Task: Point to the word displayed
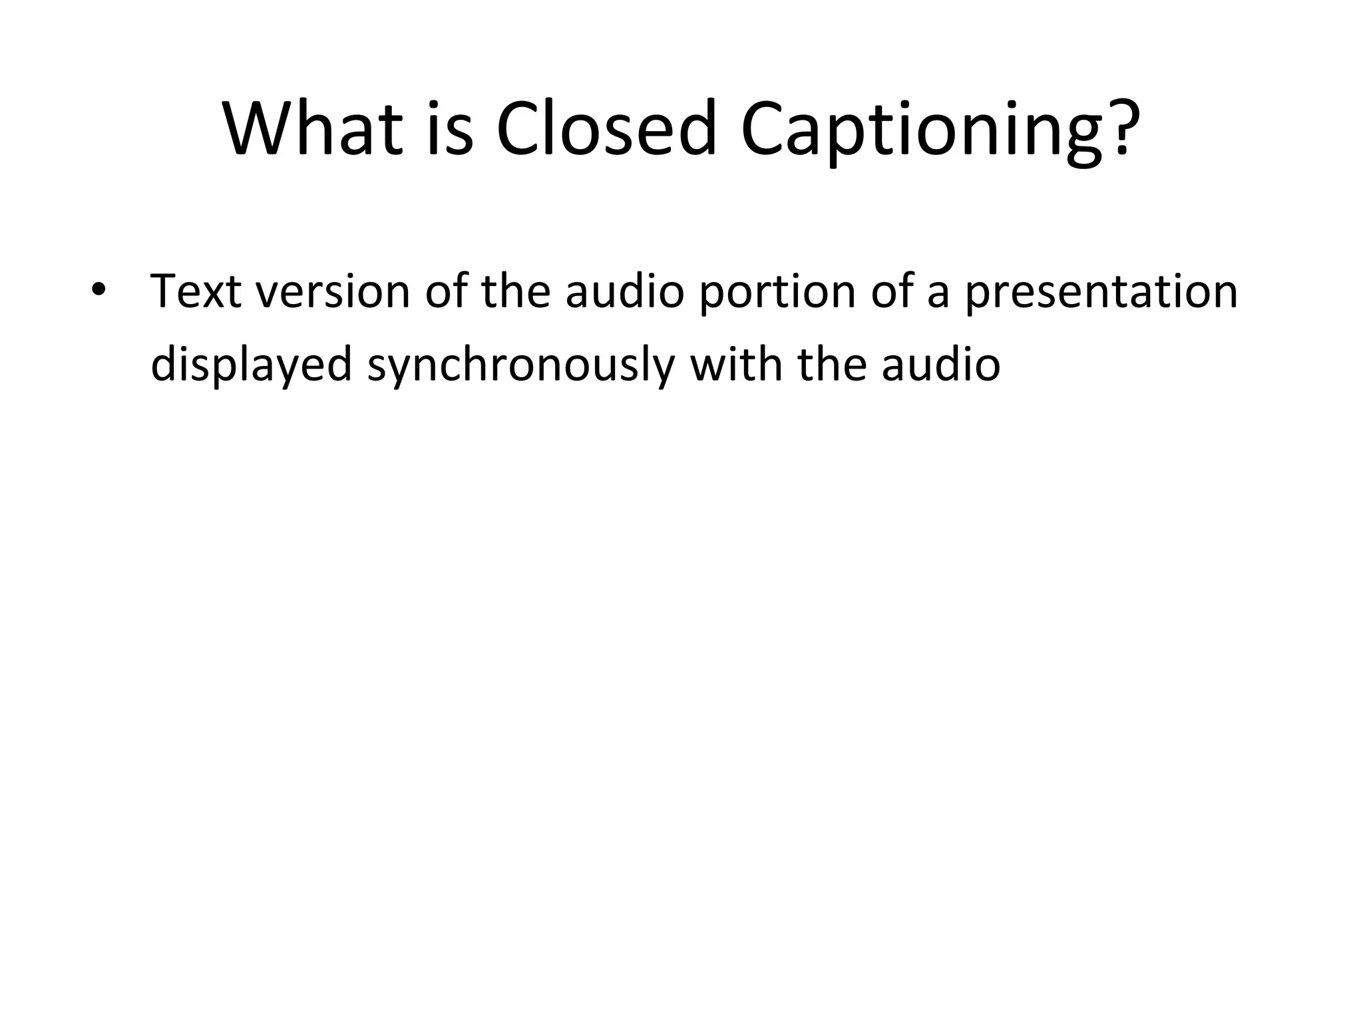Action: click(251, 365)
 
